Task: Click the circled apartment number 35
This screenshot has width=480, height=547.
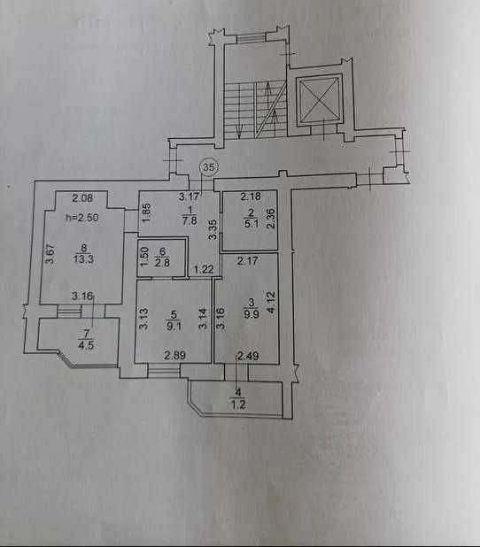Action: pos(209,167)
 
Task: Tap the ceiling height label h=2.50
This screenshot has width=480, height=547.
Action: pos(82,218)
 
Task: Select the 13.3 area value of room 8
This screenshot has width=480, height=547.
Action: pos(83,259)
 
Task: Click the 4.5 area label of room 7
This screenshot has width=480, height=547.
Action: pos(86,345)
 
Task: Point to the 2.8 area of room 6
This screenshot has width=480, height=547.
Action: pos(162,262)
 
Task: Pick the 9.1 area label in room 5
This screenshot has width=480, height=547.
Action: pos(174,327)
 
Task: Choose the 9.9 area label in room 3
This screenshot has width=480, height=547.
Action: pos(252,314)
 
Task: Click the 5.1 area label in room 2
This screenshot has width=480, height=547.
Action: pos(252,223)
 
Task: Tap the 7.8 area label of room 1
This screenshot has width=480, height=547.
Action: pos(190,220)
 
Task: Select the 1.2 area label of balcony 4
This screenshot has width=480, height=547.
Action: pos(238,404)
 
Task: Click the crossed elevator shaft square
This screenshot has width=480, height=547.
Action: pos(319,100)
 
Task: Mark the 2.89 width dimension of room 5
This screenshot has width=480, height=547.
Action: pos(174,356)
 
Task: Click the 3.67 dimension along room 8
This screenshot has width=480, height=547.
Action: pos(50,253)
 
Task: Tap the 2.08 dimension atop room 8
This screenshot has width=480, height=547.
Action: pos(82,198)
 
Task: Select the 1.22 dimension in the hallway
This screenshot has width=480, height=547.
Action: pos(204,269)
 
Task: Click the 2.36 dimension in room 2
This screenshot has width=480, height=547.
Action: pos(272,218)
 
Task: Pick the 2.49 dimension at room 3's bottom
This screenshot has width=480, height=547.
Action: pos(248,356)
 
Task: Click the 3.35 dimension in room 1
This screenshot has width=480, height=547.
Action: pos(212,229)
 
